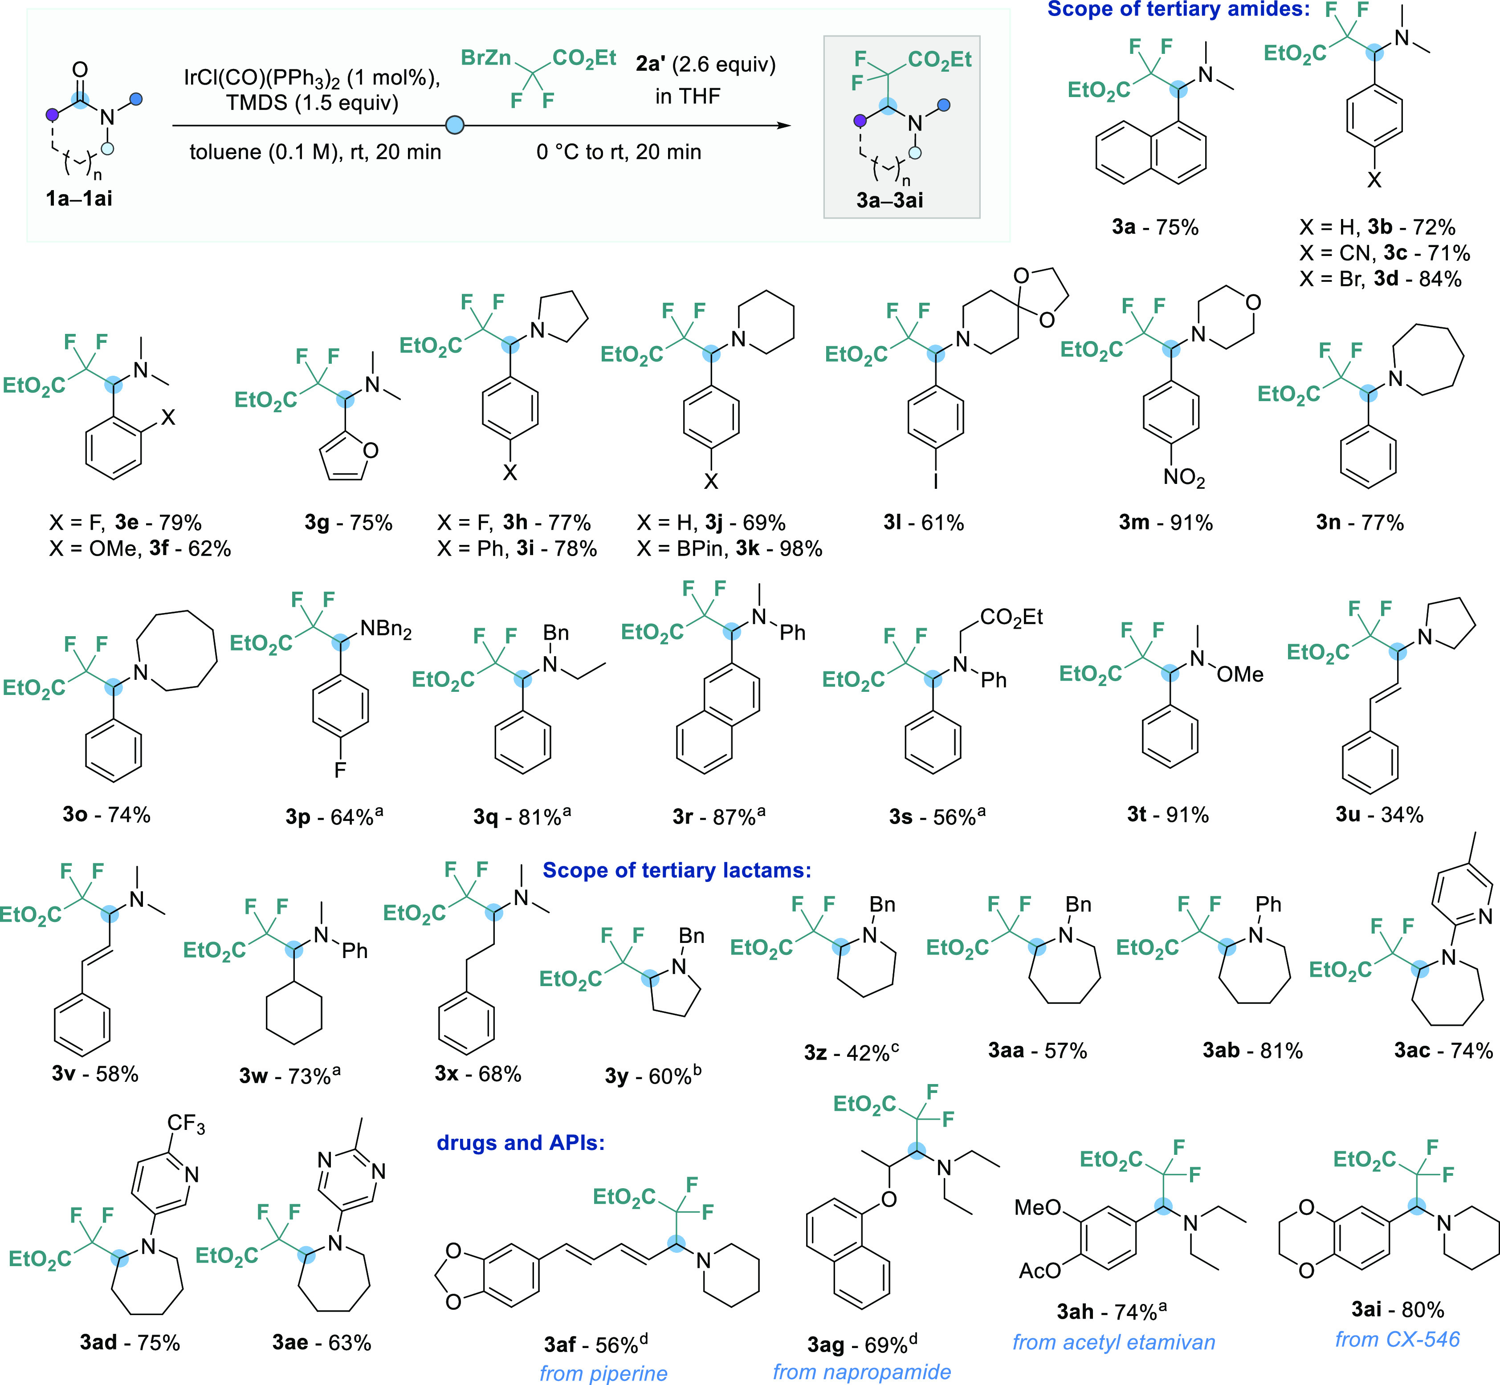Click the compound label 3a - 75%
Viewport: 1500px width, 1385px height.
pos(1155,227)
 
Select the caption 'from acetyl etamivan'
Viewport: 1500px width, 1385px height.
pos(1113,1341)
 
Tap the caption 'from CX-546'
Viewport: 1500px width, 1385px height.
pos(1397,1339)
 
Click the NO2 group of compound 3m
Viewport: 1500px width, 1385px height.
pos(1184,478)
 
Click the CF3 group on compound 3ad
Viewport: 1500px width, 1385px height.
pos(186,1124)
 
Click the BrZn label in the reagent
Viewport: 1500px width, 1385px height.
pos(486,58)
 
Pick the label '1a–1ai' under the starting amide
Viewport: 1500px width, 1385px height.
pos(79,199)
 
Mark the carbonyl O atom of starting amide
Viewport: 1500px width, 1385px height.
pos(80,70)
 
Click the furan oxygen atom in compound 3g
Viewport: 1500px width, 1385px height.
pos(370,450)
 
